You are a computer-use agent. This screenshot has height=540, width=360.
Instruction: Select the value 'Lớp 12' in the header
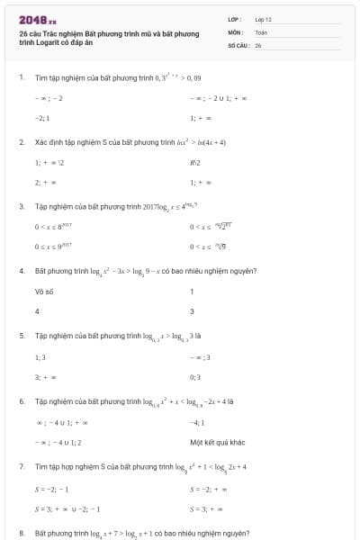click(264, 19)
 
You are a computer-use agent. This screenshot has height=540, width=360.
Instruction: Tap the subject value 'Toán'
click(261, 31)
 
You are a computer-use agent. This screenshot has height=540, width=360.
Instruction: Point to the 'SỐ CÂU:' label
click(238, 44)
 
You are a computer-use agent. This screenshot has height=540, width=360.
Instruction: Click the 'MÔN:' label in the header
click(236, 31)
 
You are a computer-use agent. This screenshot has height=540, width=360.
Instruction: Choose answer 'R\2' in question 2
click(195, 163)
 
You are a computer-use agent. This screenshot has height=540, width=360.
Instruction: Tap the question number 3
click(21, 206)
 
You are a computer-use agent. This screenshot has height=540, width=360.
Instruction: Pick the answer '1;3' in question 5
click(40, 356)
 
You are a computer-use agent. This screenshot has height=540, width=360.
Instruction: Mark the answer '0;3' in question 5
click(195, 377)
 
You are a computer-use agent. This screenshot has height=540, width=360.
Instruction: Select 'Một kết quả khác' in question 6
click(212, 442)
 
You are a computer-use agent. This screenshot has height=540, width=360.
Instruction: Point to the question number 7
click(21, 466)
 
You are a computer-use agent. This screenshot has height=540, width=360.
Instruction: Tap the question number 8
click(21, 533)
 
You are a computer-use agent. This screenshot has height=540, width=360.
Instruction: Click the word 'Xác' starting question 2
click(40, 142)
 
